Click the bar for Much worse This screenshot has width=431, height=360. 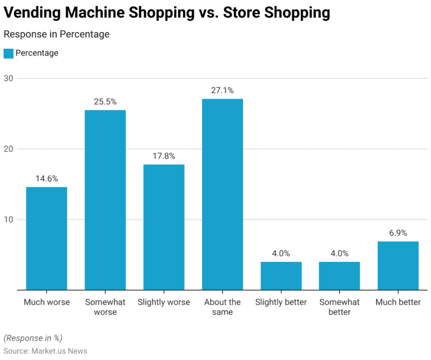pos(47,238)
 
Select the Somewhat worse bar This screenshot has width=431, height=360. pos(105,200)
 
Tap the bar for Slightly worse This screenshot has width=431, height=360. pos(164,227)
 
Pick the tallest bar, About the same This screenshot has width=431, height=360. pos(222,194)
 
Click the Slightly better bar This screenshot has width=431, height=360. pos(281,276)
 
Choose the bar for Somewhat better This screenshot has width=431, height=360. pos(340,276)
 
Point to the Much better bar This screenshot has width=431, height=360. pos(398,265)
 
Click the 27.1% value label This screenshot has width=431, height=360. pos(222,90)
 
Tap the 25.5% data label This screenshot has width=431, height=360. pos(105,101)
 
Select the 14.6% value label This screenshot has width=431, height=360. pos(47,178)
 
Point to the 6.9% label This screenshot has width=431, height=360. pos(398,233)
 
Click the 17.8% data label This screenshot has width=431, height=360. pos(164,156)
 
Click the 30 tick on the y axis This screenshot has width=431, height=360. pos(8,79)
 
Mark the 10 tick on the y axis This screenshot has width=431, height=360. pos(8,219)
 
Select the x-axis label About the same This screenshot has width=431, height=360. pos(222,307)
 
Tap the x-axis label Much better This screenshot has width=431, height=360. pos(398,302)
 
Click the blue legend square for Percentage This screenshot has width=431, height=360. pos(8,53)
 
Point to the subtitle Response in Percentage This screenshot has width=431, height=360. pos(57,34)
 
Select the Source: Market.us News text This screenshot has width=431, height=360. pos(45,350)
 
